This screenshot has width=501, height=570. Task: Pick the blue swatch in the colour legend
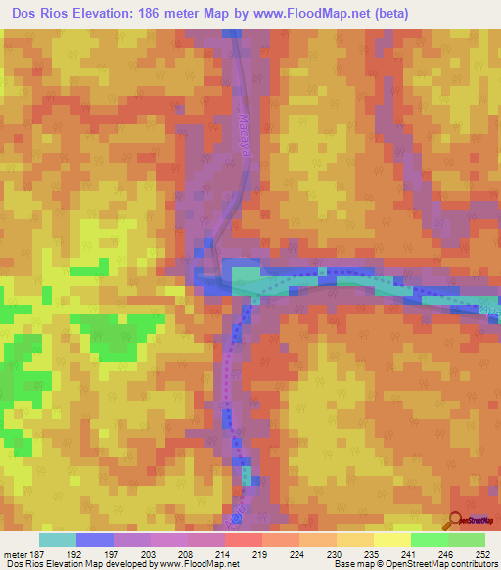(94, 540)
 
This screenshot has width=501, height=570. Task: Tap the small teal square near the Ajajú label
(247, 477)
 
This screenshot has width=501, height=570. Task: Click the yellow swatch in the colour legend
(391, 540)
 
